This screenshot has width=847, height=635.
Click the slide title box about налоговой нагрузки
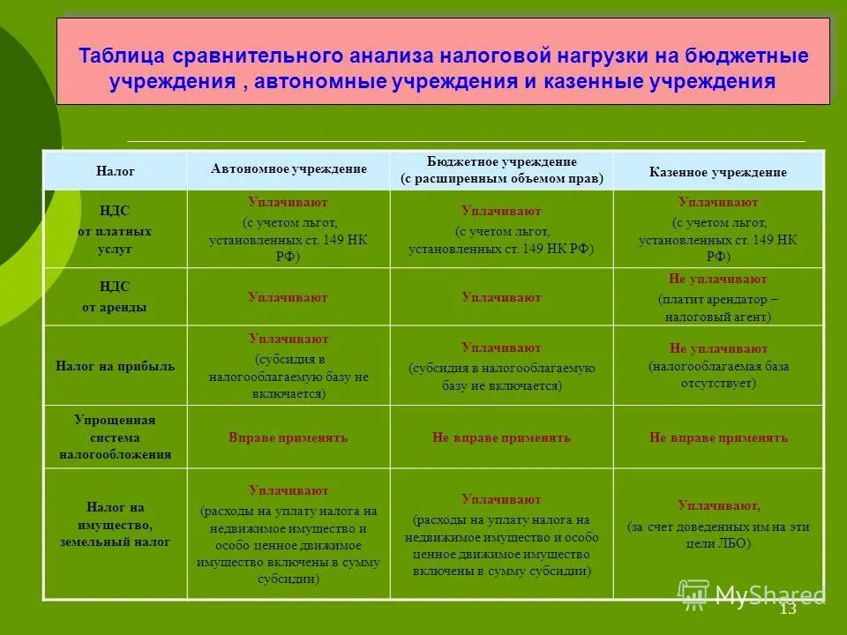443,69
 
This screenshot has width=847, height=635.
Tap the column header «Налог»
116,171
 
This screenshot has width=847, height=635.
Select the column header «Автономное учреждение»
289,168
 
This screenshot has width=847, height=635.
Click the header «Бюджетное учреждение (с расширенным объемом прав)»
501,170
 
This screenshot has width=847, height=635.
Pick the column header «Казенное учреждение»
717,172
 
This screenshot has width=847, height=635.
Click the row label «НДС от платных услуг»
116,230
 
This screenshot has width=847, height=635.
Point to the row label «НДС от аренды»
116,297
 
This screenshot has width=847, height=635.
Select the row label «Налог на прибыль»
116,366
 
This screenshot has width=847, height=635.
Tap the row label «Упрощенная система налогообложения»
116,437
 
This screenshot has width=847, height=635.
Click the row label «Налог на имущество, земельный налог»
116,525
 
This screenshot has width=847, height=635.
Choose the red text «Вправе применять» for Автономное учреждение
289,437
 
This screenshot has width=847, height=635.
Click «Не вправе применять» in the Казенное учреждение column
718,437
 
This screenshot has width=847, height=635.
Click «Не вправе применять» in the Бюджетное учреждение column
501,437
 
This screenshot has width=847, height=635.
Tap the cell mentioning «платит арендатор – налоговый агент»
718,298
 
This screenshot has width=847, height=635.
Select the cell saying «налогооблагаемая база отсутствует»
718,366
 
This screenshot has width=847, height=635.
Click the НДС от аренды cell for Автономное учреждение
289,298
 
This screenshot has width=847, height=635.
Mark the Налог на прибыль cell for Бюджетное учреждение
501,366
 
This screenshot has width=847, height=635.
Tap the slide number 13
788,609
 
